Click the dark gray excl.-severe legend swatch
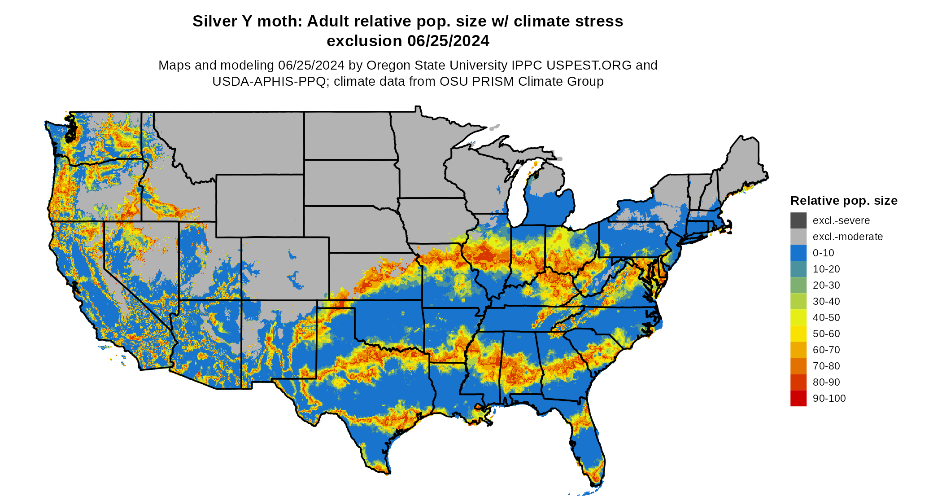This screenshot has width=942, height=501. (798, 220)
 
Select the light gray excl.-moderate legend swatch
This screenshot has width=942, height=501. (798, 237)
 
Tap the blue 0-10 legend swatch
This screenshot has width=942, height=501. (798, 253)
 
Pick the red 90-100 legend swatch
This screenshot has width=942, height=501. (798, 398)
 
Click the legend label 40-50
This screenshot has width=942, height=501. (826, 317)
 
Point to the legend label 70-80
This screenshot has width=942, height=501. (826, 366)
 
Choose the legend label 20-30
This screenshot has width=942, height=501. (826, 285)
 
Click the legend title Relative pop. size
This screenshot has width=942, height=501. (843, 201)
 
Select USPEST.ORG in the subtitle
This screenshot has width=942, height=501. (589, 66)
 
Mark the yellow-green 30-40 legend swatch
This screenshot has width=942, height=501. (798, 301)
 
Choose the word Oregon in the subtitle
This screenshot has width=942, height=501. (388, 66)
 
